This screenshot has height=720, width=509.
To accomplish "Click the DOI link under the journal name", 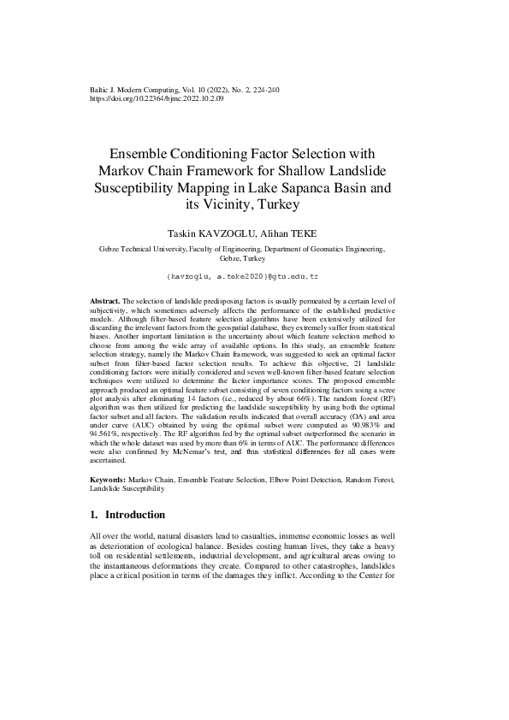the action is pyautogui.click(x=157, y=98).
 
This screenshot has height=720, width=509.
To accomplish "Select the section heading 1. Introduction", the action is pyautogui.click(x=127, y=515).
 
